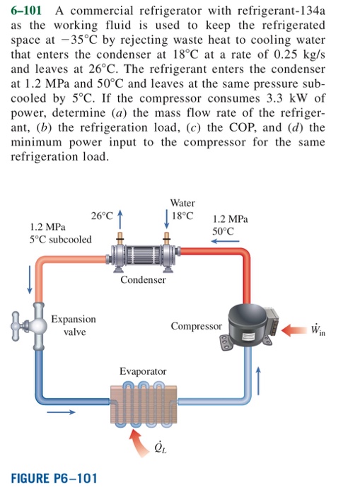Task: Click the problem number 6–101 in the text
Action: [28, 9]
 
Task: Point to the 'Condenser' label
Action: [143, 280]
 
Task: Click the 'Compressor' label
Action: [196, 326]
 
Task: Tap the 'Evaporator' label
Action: [143, 371]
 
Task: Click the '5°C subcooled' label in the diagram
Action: [61, 239]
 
